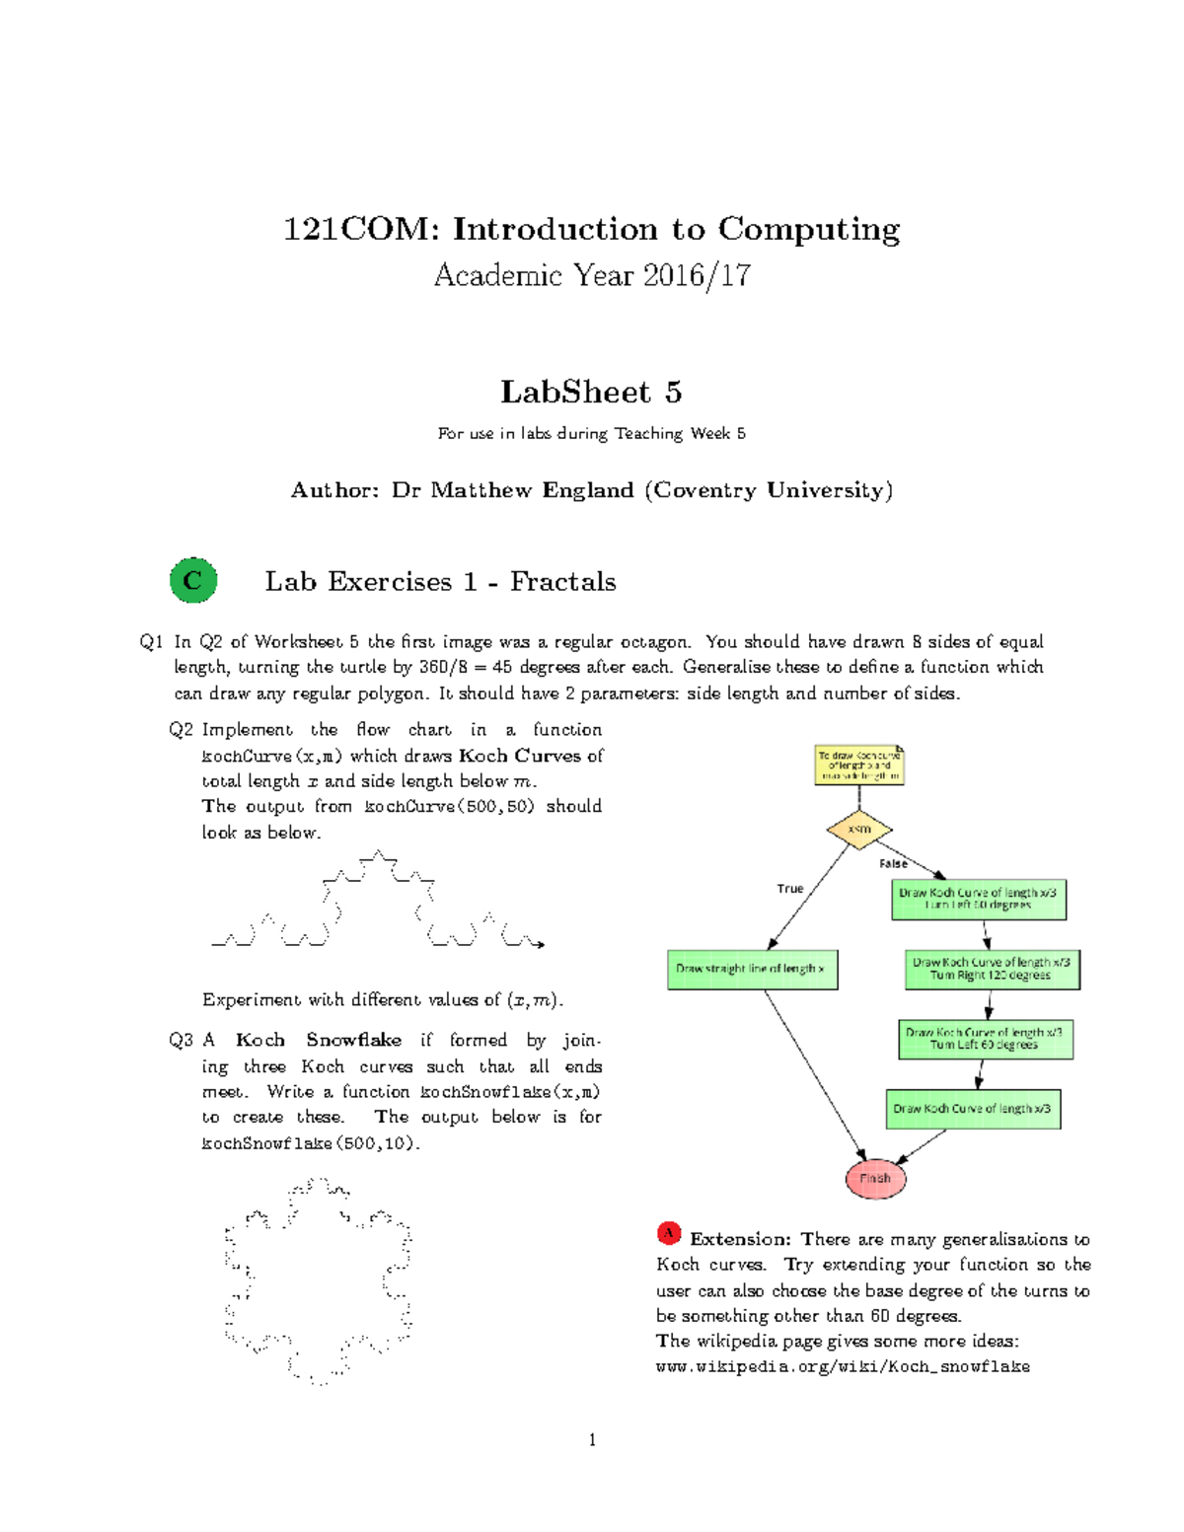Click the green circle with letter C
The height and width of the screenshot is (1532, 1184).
(x=193, y=580)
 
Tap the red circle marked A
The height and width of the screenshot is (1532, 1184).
(x=669, y=1233)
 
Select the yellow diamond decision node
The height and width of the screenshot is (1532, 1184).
(x=859, y=830)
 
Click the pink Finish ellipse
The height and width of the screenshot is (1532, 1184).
(x=875, y=1178)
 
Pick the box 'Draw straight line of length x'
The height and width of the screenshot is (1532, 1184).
(x=753, y=969)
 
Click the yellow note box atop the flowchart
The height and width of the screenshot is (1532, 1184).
(x=859, y=766)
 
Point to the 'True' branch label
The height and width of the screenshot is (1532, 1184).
(x=790, y=889)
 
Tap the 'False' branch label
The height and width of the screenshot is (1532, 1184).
(x=893, y=863)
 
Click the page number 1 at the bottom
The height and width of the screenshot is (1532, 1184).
(x=592, y=1440)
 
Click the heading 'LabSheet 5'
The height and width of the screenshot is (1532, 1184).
(x=591, y=392)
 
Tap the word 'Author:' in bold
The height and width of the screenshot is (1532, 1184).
(x=334, y=490)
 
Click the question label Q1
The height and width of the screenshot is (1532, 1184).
(x=152, y=642)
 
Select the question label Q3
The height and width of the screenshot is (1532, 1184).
(x=181, y=1040)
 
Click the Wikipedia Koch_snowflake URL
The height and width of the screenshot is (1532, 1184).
(x=843, y=1367)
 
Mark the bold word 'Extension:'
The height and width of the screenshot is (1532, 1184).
(x=740, y=1239)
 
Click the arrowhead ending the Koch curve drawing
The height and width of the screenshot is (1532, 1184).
(x=540, y=945)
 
